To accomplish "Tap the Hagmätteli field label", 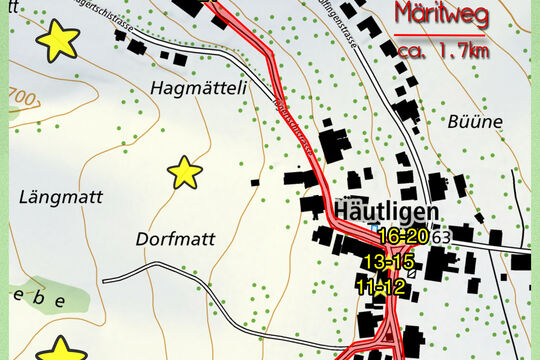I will (198, 88).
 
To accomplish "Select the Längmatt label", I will (61, 197).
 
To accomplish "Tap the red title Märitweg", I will (441, 16).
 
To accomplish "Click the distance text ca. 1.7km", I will (442, 51).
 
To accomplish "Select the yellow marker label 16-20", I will (404, 236).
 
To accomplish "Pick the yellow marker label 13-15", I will (388, 261).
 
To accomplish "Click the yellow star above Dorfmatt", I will (185, 173).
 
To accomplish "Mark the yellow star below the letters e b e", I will (62, 349).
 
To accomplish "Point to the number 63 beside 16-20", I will (441, 236).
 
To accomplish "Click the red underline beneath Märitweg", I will (441, 35).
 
